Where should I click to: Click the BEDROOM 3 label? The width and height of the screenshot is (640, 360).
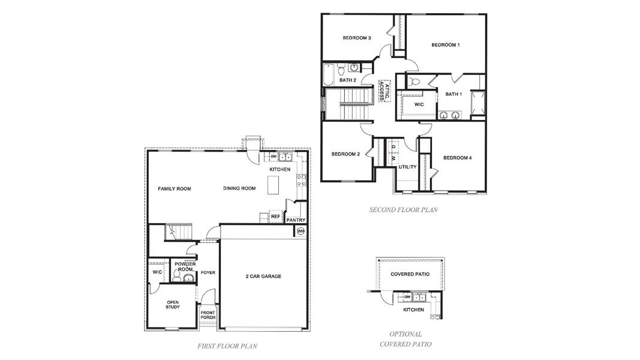tap(356, 38)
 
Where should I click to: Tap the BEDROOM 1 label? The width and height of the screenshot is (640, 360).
tap(445, 45)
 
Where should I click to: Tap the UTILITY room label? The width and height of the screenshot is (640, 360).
tap(407, 167)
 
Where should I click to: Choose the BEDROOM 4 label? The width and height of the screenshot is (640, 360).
tap(457, 158)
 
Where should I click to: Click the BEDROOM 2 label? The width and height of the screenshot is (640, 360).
tap(345, 154)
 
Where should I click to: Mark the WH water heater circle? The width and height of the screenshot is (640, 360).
tap(301, 231)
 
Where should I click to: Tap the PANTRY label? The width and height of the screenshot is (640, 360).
tap(296, 220)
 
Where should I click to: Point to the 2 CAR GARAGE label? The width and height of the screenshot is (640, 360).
tap(263, 276)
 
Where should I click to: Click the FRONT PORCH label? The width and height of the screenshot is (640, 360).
tap(208, 314)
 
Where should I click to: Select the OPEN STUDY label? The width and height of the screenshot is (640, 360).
tap(173, 305)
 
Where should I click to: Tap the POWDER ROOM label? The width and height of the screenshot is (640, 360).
tap(184, 266)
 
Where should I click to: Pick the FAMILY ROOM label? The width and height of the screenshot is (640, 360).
tap(174, 188)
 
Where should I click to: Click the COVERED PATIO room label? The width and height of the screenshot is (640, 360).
tap(410, 274)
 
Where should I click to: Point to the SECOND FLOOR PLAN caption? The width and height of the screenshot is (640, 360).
tap(403, 210)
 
